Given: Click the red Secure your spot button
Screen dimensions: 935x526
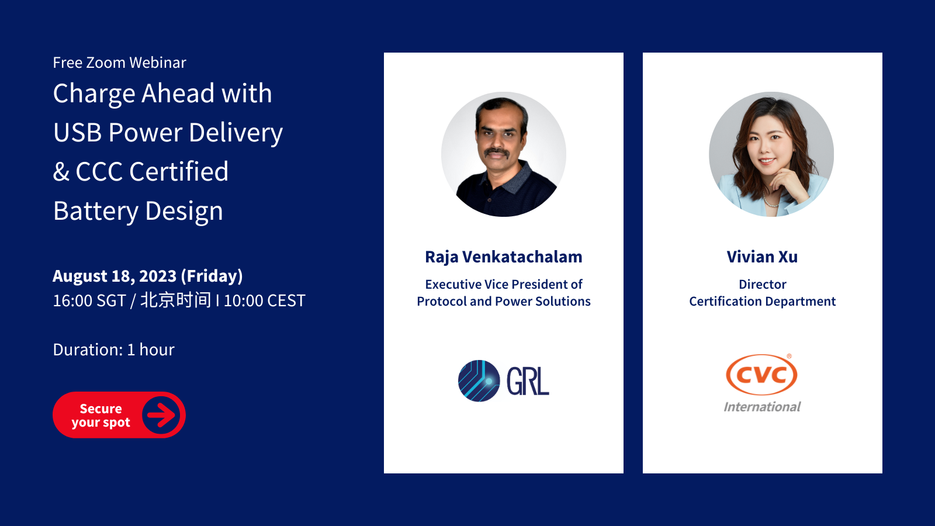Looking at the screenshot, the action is coord(119,414).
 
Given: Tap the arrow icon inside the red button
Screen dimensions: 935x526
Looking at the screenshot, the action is coord(161,414).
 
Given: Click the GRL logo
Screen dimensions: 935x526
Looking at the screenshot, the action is coord(503,380).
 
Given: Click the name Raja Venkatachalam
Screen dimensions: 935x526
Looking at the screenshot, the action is coord(503,257).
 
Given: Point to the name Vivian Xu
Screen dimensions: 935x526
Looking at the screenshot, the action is coord(762,257).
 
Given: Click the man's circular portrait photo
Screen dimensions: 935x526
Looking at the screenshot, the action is coord(503,154).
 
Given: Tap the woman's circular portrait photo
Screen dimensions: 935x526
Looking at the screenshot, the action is coord(771,154).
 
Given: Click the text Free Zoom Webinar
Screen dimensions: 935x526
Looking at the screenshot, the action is coord(119,63).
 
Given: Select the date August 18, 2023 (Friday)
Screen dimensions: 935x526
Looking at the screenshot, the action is coord(148,276).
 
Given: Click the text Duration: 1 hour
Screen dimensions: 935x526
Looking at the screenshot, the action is coord(113,350).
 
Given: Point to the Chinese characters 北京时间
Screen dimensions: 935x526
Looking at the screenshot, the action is coord(175,300).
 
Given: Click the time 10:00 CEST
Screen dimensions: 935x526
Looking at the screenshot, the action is coord(265,301).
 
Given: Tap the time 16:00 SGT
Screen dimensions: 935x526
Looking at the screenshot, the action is coord(89,301).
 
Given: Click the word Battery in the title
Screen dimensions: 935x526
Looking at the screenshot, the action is coord(96,211).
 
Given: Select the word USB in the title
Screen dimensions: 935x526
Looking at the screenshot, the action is coord(78,133).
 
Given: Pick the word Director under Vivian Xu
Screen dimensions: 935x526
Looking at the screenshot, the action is coord(763,284).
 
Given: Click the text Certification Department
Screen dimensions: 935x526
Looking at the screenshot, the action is coord(762,302).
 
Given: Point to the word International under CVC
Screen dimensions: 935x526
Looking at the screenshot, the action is coord(762,407).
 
